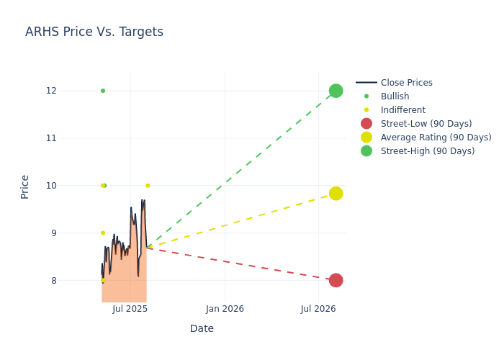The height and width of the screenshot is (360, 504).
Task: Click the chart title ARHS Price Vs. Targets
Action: click(x=94, y=32)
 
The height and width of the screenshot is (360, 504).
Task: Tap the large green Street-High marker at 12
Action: click(x=336, y=91)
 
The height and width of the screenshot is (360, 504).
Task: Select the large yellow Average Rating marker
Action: click(x=336, y=194)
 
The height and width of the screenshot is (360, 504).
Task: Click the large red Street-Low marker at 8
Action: click(x=336, y=280)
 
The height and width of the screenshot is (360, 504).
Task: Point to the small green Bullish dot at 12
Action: click(x=103, y=91)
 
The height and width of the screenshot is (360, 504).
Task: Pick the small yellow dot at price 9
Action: click(x=102, y=233)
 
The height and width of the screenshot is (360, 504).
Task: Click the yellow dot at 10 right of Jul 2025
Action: click(x=148, y=186)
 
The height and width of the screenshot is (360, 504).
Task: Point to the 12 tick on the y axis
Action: click(x=71, y=91)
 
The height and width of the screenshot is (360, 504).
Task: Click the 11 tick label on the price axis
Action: click(x=71, y=138)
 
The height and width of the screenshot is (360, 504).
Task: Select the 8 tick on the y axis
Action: click(x=73, y=281)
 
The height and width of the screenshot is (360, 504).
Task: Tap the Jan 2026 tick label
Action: click(x=225, y=309)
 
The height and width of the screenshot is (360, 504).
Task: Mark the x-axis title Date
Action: click(x=202, y=329)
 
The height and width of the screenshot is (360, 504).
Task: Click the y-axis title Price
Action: click(x=25, y=186)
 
